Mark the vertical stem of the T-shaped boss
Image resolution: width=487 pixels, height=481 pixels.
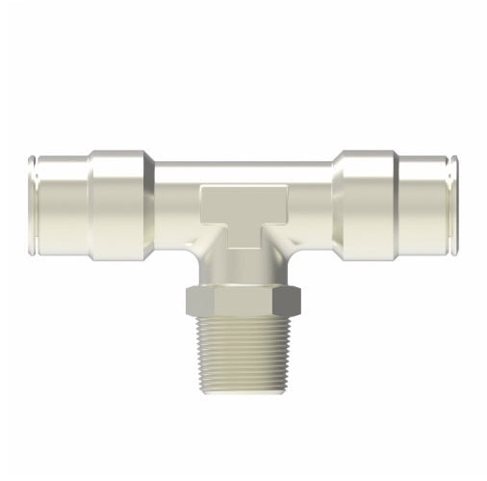point(243,236)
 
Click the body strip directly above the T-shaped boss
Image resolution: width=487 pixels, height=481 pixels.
point(243,174)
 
